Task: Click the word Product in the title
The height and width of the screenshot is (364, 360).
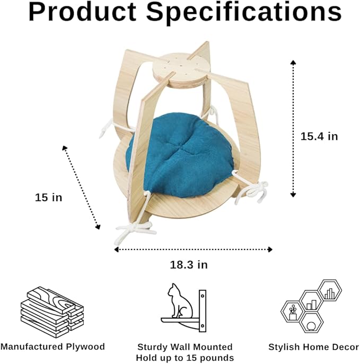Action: tap(83, 12)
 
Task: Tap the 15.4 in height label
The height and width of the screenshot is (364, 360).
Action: tap(319, 136)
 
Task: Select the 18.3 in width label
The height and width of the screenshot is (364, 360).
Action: tap(189, 265)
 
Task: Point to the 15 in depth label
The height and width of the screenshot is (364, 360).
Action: tap(49, 198)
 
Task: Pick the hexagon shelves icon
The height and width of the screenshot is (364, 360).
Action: tap(311, 306)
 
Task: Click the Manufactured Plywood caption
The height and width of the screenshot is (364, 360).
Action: tap(52, 347)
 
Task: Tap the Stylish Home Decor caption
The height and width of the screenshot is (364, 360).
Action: tap(313, 347)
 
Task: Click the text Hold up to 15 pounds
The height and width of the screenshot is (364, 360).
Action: tap(185, 358)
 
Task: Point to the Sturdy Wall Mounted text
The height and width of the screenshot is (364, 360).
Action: tap(185, 347)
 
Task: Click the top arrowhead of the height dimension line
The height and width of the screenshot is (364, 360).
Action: tap(293, 62)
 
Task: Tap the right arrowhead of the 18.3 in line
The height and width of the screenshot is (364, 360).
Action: tap(270, 250)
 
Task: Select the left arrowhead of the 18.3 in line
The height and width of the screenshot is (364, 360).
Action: tap(117, 250)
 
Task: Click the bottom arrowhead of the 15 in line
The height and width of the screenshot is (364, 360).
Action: tap(99, 227)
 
